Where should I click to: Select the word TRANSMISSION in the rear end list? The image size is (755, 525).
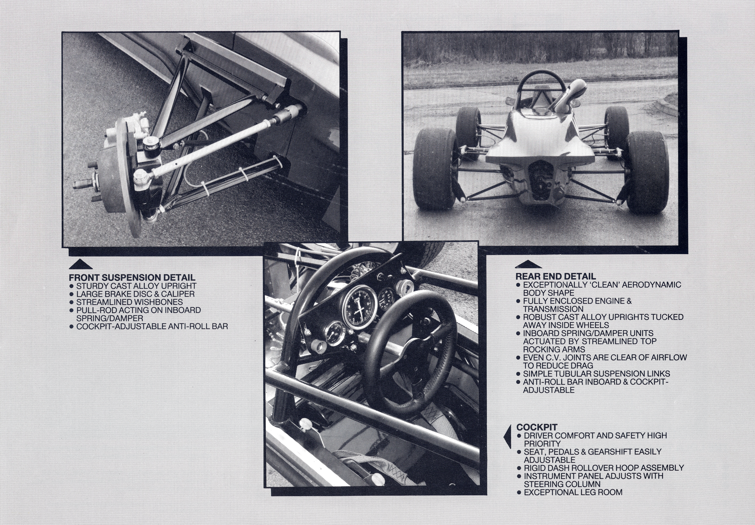(x=553, y=309)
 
